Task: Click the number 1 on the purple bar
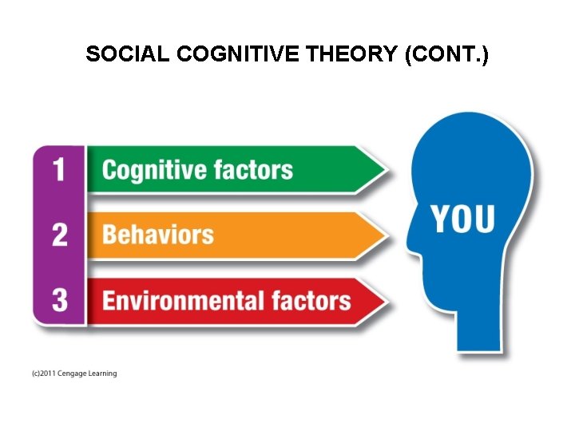tap(59, 170)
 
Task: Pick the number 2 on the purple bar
tap(59, 235)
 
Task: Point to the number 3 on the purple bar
tap(59, 300)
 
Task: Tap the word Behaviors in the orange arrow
tap(158, 235)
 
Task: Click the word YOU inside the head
tap(463, 219)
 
